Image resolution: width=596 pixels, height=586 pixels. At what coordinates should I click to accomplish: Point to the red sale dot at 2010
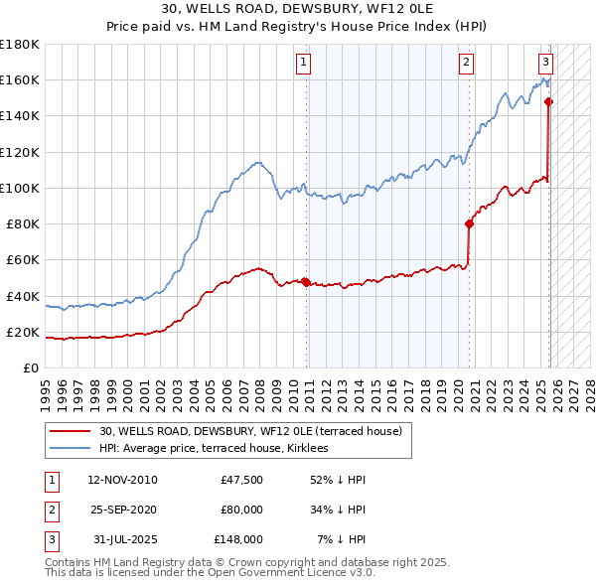306,282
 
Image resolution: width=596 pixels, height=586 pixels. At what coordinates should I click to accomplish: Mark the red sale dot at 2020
469,223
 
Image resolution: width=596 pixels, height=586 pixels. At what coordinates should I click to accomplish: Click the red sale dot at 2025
548,101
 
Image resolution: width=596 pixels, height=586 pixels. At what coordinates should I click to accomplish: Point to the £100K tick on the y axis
19,188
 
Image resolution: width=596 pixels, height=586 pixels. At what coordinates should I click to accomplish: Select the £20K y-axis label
22,332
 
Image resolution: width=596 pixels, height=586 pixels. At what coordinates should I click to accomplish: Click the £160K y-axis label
19,79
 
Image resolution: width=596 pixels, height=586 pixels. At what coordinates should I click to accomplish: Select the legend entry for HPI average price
218,448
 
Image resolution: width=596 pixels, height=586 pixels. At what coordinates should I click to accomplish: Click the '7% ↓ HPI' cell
342,539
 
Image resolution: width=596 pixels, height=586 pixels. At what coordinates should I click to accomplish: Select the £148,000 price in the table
237,539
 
